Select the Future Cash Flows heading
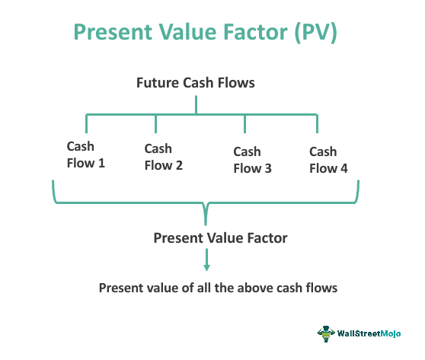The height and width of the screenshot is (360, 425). tap(196, 83)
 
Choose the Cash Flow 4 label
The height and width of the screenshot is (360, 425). tap(328, 160)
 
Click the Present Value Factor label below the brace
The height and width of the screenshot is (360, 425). tap(220, 237)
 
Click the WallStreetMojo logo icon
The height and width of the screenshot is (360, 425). tap(327, 334)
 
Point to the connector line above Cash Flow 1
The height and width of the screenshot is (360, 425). tap(86, 123)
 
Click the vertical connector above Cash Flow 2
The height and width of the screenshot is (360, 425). tap(156, 124)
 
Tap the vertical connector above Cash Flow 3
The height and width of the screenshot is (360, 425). tap(244, 124)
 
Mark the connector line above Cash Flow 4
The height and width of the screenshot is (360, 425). tap(318, 123)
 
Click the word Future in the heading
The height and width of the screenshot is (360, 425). tap(157, 83)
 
